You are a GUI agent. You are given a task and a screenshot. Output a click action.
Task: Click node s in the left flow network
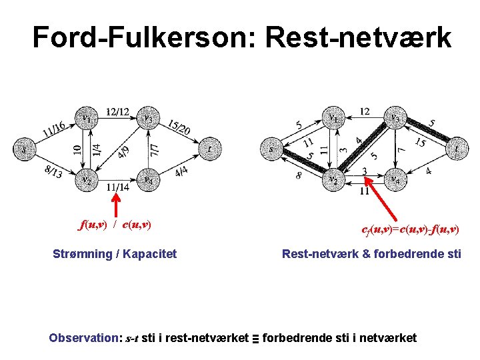25,149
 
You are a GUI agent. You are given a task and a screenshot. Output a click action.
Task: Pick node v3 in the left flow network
148,119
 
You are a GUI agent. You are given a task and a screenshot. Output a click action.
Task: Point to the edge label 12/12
117,111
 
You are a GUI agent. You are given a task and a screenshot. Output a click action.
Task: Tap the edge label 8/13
53,173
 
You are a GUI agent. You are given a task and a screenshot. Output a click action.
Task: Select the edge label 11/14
117,188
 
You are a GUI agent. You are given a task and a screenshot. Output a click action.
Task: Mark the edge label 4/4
181,172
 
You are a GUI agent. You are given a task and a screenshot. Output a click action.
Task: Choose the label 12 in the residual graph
364,111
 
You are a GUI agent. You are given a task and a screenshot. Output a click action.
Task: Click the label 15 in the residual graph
420,143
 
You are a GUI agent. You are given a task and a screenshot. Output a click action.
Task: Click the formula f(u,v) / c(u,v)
115,225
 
